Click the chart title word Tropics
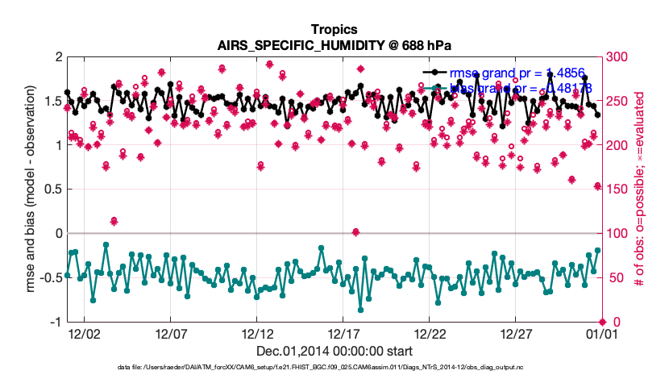click(x=334, y=30)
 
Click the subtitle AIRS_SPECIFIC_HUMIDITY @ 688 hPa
click(x=334, y=45)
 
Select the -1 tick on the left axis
click(x=56, y=322)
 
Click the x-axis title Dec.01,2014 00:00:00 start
click(x=334, y=352)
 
